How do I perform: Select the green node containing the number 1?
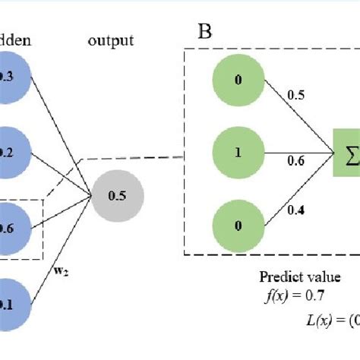[238, 150]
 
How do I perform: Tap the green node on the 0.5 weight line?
[238, 79]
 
